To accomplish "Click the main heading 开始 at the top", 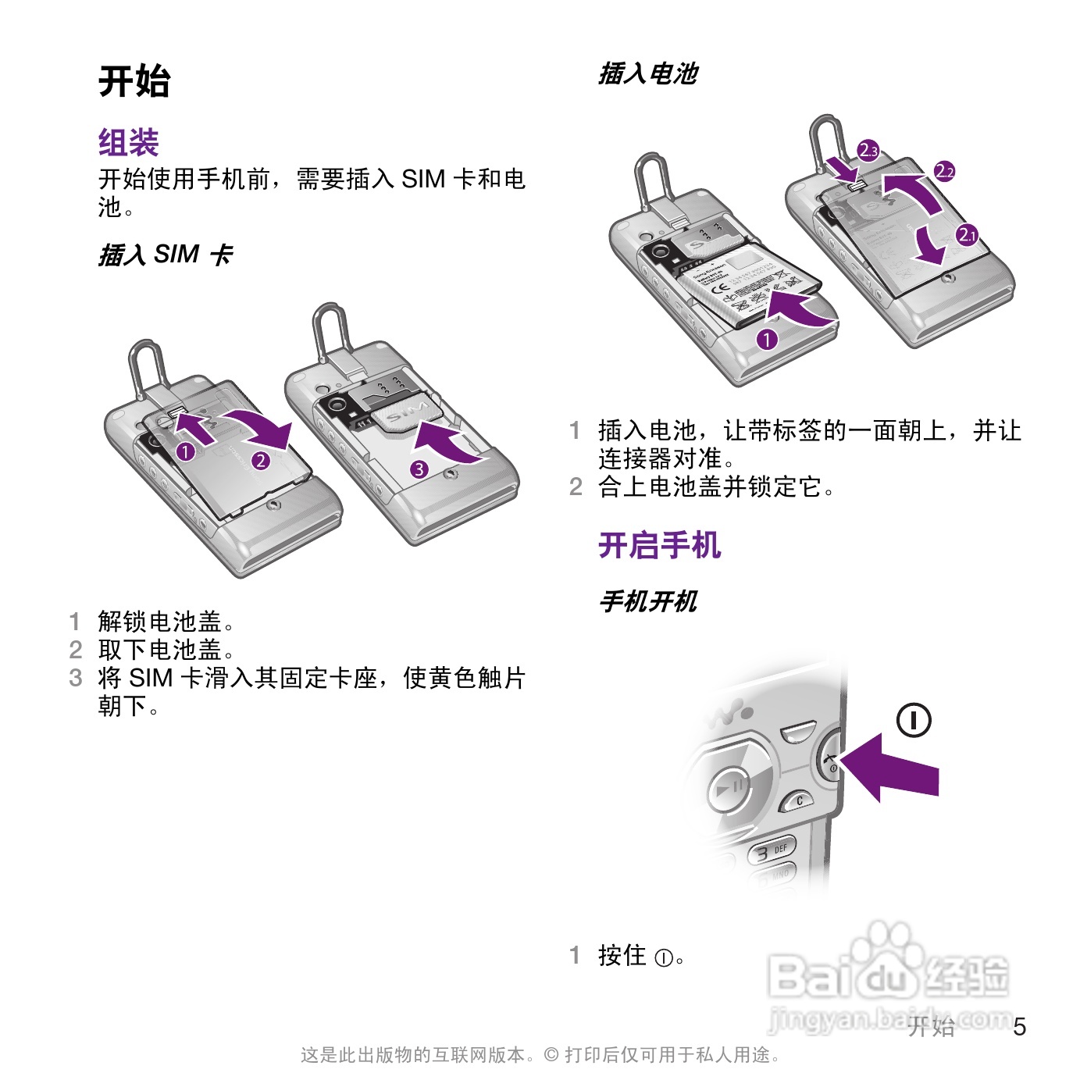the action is pyautogui.click(x=134, y=81).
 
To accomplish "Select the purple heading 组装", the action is pyautogui.click(x=129, y=143).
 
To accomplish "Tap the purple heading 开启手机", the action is pyautogui.click(x=659, y=545).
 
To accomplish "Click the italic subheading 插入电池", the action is pyautogui.click(x=647, y=74).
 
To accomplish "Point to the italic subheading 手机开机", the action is pyautogui.click(x=647, y=601).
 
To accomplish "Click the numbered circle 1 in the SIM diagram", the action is pyautogui.click(x=185, y=451).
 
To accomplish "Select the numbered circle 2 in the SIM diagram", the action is pyautogui.click(x=261, y=460).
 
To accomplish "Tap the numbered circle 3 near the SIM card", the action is pyautogui.click(x=419, y=469).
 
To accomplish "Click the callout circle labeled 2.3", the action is pyautogui.click(x=868, y=151).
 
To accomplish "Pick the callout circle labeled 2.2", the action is pyautogui.click(x=945, y=171).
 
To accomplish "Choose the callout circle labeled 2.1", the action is pyautogui.click(x=968, y=234).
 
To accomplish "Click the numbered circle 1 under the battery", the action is pyautogui.click(x=768, y=339).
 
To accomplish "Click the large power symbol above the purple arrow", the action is pyautogui.click(x=914, y=720).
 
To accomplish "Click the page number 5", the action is pyautogui.click(x=1020, y=1027).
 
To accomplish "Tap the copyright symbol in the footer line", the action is pyautogui.click(x=551, y=1055).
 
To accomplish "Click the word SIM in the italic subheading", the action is pyautogui.click(x=176, y=255).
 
